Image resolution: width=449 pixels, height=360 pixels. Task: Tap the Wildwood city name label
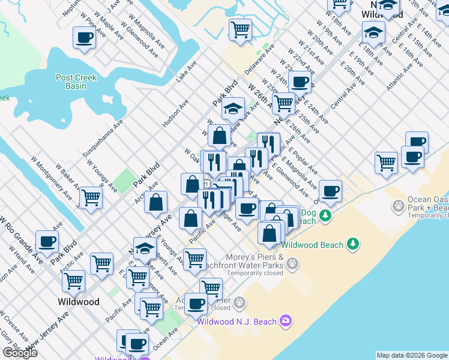tap(79, 302)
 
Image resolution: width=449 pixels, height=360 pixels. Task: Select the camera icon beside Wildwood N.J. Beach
tap(285, 322)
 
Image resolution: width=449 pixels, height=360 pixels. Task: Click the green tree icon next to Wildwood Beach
tap(354, 244)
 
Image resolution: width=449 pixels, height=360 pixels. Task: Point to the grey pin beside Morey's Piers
tap(292, 262)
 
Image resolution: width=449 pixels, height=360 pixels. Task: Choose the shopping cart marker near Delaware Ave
tap(240, 29)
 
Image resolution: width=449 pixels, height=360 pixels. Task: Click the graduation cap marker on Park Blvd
tap(233, 109)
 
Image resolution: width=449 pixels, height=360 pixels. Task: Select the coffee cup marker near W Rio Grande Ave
tap(47, 241)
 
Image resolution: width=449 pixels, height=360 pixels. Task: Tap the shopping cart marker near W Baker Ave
tap(91, 196)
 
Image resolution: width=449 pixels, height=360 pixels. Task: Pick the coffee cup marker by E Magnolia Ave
tap(330, 191)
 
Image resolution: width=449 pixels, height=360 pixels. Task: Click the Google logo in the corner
tap(20, 353)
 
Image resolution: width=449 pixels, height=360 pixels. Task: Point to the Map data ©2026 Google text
tap(412, 355)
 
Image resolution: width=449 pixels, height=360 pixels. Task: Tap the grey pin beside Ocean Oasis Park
tap(398, 207)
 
